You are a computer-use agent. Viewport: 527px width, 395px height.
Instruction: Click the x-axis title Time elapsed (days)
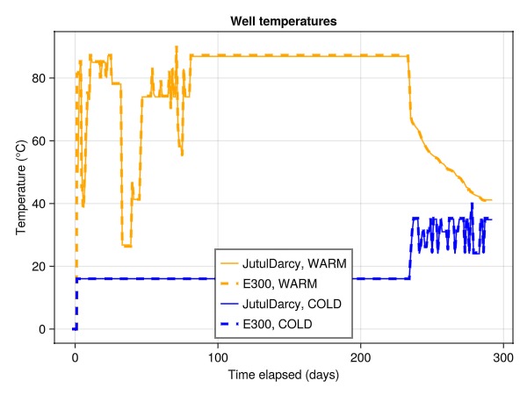click(x=283, y=376)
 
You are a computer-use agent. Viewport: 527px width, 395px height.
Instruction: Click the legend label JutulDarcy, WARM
click(x=292, y=263)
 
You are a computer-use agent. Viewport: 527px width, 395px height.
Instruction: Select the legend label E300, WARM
click(x=278, y=284)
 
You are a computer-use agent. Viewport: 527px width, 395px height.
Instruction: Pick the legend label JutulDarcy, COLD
click(x=292, y=305)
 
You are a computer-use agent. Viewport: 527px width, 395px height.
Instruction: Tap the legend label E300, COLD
click(x=278, y=325)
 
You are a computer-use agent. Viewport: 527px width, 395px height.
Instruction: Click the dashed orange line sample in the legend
click(x=229, y=284)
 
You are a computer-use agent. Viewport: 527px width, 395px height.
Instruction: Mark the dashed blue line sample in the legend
click(x=229, y=325)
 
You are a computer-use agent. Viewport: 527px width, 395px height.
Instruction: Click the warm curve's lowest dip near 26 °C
click(x=126, y=246)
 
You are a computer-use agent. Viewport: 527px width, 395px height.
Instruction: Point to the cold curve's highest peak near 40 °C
click(x=473, y=204)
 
